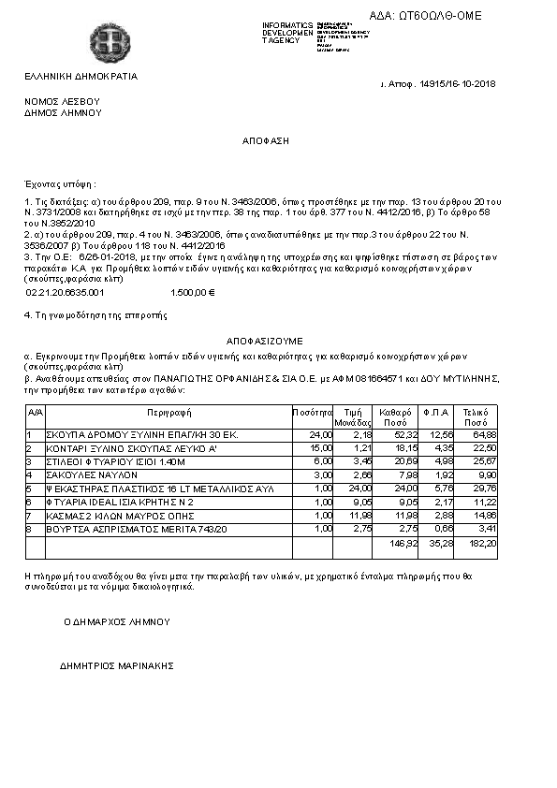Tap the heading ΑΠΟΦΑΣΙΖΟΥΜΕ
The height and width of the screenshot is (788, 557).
pos(265,341)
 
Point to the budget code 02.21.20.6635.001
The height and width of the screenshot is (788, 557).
pos(65,293)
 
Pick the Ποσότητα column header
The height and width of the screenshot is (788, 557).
pos(313,412)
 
